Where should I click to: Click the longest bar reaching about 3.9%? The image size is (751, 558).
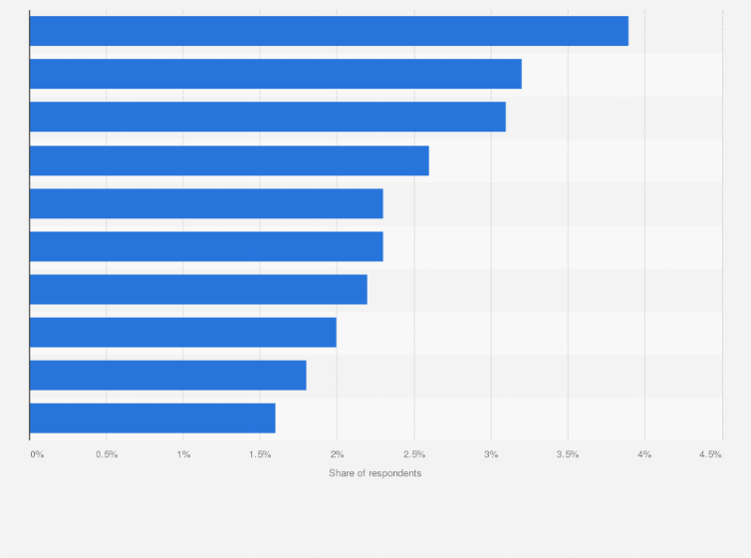point(329,31)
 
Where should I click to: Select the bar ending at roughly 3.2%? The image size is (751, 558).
point(275,74)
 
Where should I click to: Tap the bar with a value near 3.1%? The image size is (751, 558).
point(267,117)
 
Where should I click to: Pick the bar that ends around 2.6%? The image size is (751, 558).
point(229,160)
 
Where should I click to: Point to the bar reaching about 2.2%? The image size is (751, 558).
point(198,289)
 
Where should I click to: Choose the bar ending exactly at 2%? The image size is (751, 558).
point(183,332)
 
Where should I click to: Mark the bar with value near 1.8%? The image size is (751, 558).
point(167,375)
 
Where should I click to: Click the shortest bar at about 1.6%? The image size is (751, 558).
point(152,418)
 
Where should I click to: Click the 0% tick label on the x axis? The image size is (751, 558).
point(37,454)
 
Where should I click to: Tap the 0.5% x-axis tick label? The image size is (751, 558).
point(107,454)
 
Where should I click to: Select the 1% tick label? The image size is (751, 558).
point(183,454)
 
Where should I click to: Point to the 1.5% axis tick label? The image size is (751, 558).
point(260,454)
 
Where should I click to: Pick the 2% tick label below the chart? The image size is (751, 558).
point(337,454)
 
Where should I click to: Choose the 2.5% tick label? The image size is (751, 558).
point(413,454)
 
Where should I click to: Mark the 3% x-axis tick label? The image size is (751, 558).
point(490,454)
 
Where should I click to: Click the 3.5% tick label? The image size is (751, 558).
point(567,454)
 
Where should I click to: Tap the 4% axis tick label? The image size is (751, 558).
point(644,454)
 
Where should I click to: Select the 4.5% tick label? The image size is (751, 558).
point(710,454)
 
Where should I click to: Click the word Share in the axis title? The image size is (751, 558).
point(342,472)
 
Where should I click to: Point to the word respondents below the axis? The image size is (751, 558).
point(394,472)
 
